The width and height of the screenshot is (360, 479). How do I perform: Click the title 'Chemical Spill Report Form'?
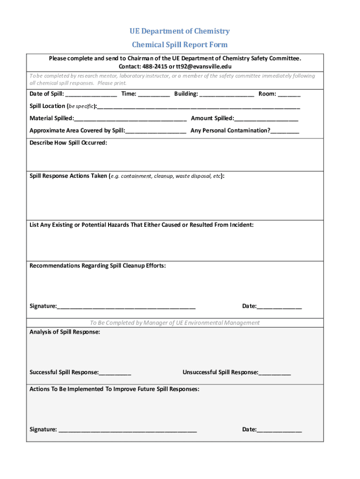(x=180, y=45)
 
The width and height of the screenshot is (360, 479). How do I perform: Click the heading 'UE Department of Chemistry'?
(x=180, y=31)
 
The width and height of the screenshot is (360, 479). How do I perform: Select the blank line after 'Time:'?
(x=154, y=94)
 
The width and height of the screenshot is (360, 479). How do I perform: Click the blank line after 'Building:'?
(x=227, y=94)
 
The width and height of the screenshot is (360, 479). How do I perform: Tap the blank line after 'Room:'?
(x=289, y=94)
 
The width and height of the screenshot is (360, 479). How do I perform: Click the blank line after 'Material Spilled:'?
(x=130, y=119)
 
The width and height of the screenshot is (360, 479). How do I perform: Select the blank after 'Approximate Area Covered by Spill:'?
(x=156, y=131)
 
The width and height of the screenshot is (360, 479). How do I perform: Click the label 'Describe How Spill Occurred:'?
(x=68, y=143)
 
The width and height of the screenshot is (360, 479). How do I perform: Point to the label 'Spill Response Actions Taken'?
(x=68, y=176)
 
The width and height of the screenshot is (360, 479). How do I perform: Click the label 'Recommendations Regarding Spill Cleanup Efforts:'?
(x=97, y=266)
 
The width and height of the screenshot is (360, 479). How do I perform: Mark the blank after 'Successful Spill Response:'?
(x=115, y=373)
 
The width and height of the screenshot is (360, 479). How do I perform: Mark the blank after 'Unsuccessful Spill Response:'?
(x=274, y=373)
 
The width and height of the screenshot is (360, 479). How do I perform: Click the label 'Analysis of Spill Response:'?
(x=65, y=332)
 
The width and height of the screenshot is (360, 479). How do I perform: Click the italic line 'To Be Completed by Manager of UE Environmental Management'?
(x=174, y=323)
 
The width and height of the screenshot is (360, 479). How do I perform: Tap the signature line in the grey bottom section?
(x=128, y=430)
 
